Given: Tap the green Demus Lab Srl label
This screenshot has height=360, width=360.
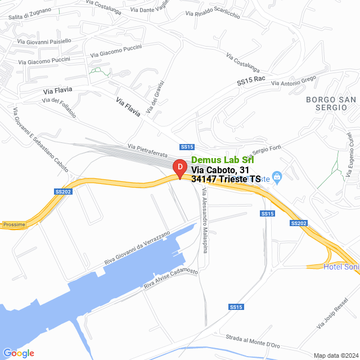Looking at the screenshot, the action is [x=223, y=160].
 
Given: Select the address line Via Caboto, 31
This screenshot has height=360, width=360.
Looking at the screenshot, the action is [x=220, y=169].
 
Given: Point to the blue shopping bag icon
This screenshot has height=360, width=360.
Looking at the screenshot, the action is [x=276, y=177].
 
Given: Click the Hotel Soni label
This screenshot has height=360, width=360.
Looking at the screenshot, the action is [x=340, y=266].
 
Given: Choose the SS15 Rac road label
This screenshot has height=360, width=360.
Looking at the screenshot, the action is [x=250, y=81].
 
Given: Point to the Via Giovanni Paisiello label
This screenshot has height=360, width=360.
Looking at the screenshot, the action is [x=44, y=40].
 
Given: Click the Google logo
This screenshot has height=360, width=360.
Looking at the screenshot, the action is [x=19, y=353].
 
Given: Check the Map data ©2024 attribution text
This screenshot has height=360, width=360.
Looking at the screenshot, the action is [x=335, y=355].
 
